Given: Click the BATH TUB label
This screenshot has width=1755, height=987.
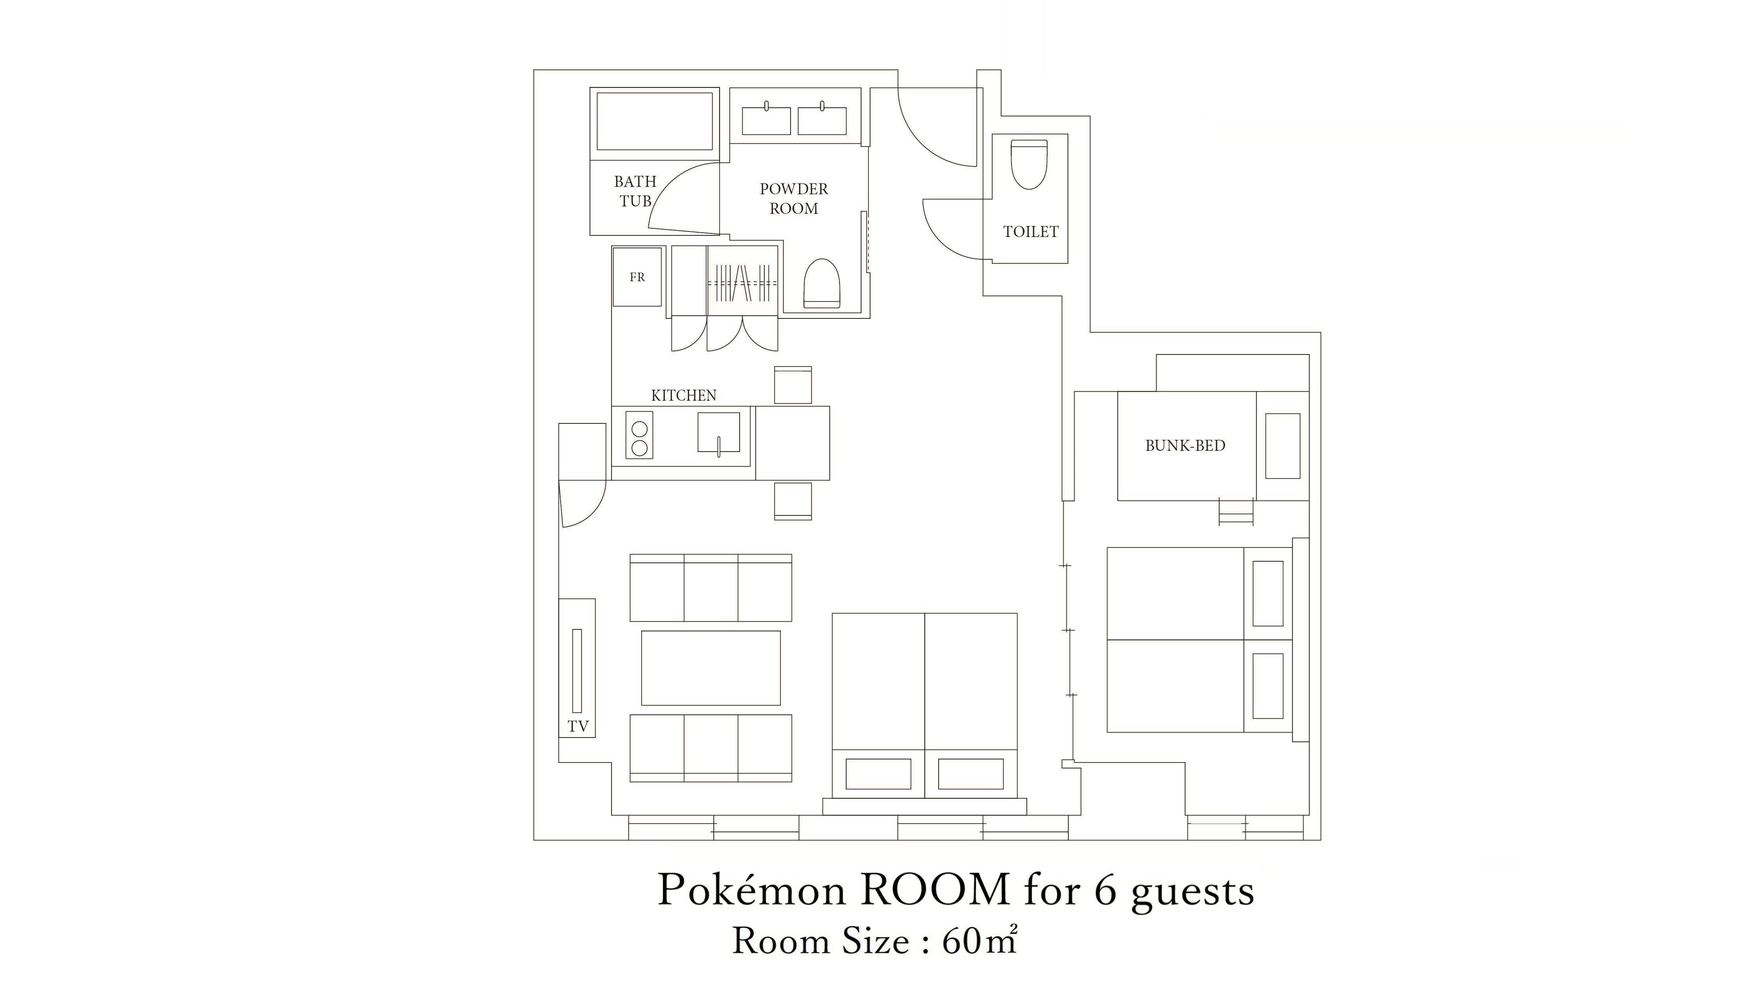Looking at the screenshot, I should [635, 192].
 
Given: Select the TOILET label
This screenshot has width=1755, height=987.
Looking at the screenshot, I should [1030, 231].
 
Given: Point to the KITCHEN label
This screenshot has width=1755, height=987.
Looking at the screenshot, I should [683, 396].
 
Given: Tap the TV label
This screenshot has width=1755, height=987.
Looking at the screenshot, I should [578, 726].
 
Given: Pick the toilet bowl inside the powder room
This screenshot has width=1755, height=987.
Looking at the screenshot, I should [821, 283].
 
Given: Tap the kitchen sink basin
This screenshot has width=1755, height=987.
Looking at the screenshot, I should [718, 432].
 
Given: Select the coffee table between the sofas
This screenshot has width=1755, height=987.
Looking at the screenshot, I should [711, 667].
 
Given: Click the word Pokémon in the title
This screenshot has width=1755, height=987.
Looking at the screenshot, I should [751, 889].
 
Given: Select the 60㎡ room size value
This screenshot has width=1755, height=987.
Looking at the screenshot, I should [979, 941].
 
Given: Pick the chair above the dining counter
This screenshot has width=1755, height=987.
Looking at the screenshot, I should [792, 385].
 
